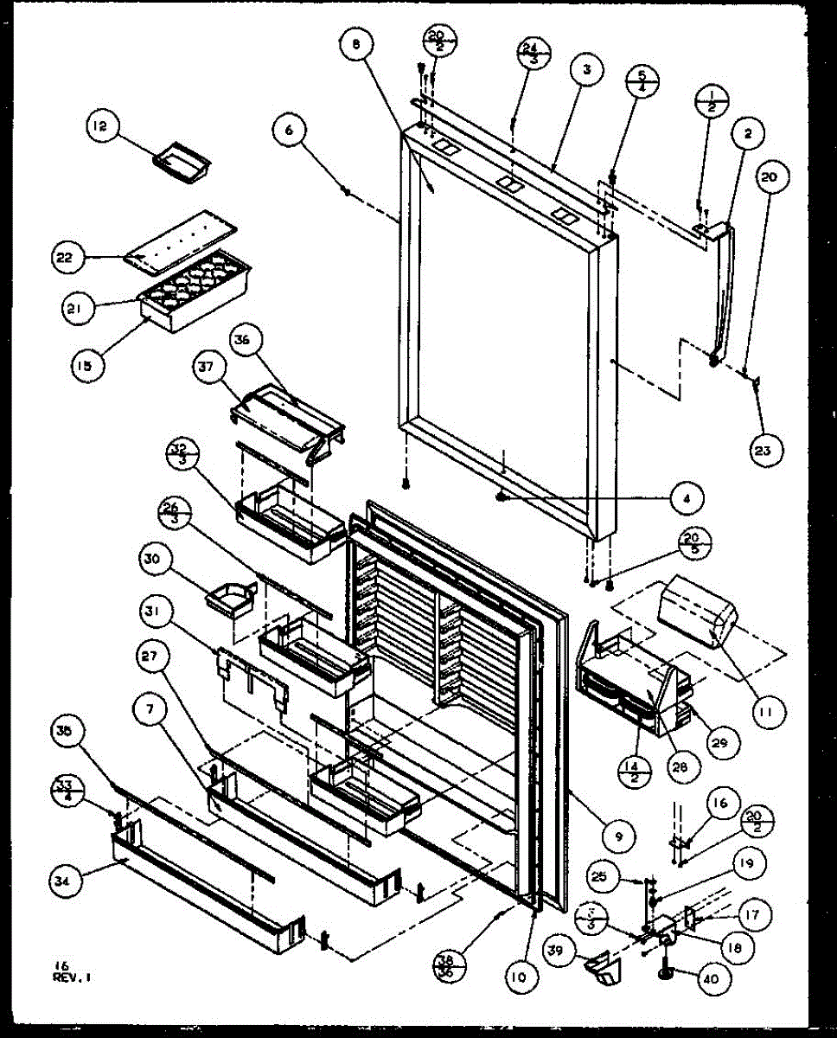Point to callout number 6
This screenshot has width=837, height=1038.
point(289,131)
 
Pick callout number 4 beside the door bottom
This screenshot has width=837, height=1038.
point(685,498)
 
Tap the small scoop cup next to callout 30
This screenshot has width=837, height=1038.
point(232,597)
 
